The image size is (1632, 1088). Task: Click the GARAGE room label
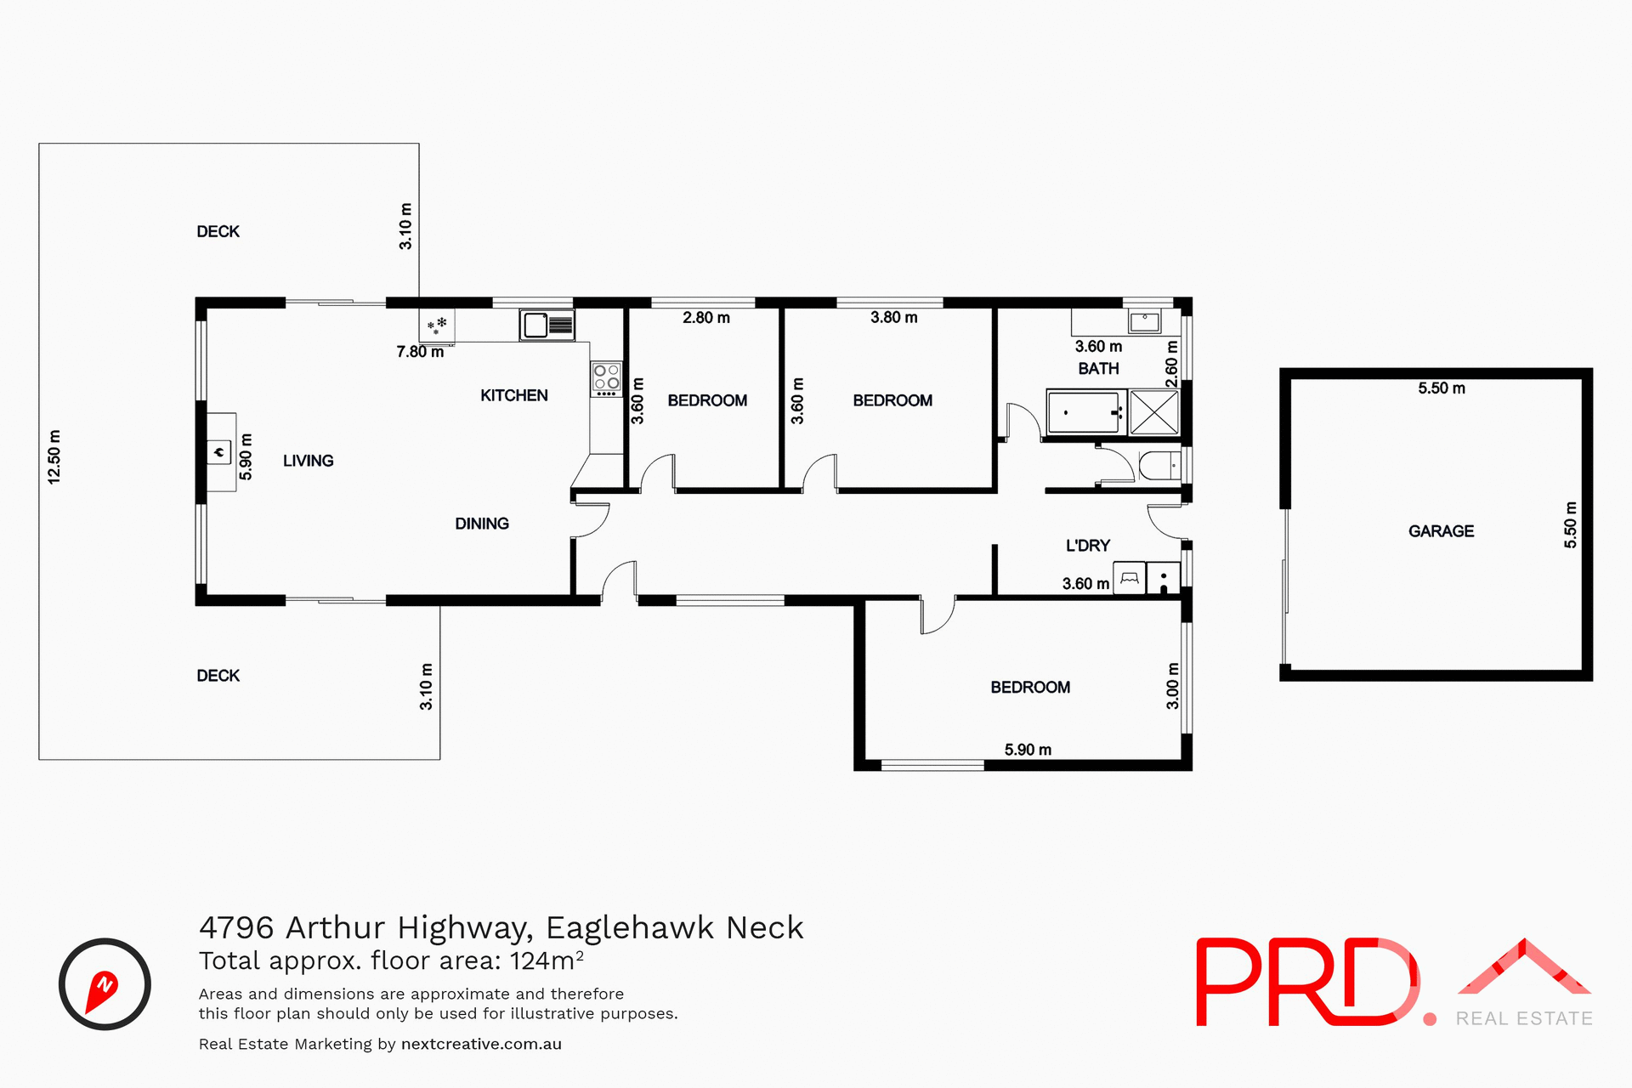click(1441, 531)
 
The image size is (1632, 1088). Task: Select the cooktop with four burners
click(606, 379)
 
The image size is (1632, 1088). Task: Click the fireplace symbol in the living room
click(219, 452)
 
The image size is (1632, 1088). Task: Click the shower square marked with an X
click(1153, 413)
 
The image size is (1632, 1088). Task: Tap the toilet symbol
click(1159, 466)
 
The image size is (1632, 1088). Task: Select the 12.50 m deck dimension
click(54, 457)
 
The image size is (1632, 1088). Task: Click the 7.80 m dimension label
click(420, 352)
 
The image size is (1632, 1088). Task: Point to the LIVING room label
click(308, 461)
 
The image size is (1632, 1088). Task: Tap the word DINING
click(482, 524)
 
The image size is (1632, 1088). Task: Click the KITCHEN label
click(513, 395)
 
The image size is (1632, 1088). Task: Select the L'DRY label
click(1088, 546)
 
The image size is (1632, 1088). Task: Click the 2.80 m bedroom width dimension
click(706, 318)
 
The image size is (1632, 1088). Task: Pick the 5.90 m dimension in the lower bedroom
click(1028, 750)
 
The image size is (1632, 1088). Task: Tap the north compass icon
click(105, 984)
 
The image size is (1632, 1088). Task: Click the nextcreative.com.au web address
click(481, 1045)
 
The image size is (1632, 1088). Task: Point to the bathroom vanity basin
click(1145, 321)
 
